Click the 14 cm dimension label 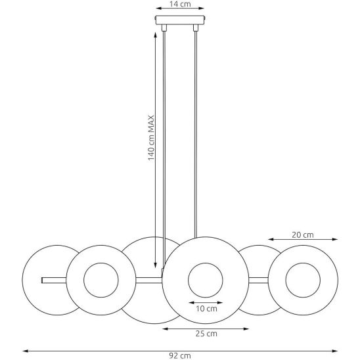pyautogui.click(x=180, y=4)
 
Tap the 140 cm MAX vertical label pyautogui.click(x=151, y=138)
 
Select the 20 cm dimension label pyautogui.click(x=303, y=235)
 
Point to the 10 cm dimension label pyautogui.click(x=206, y=309)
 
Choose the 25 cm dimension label pyautogui.click(x=206, y=334)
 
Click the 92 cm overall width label pyautogui.click(x=180, y=356)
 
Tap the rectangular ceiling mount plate pyautogui.click(x=180, y=20)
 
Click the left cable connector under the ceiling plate pyautogui.click(x=164, y=28)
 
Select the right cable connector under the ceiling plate pyautogui.click(x=196, y=28)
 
